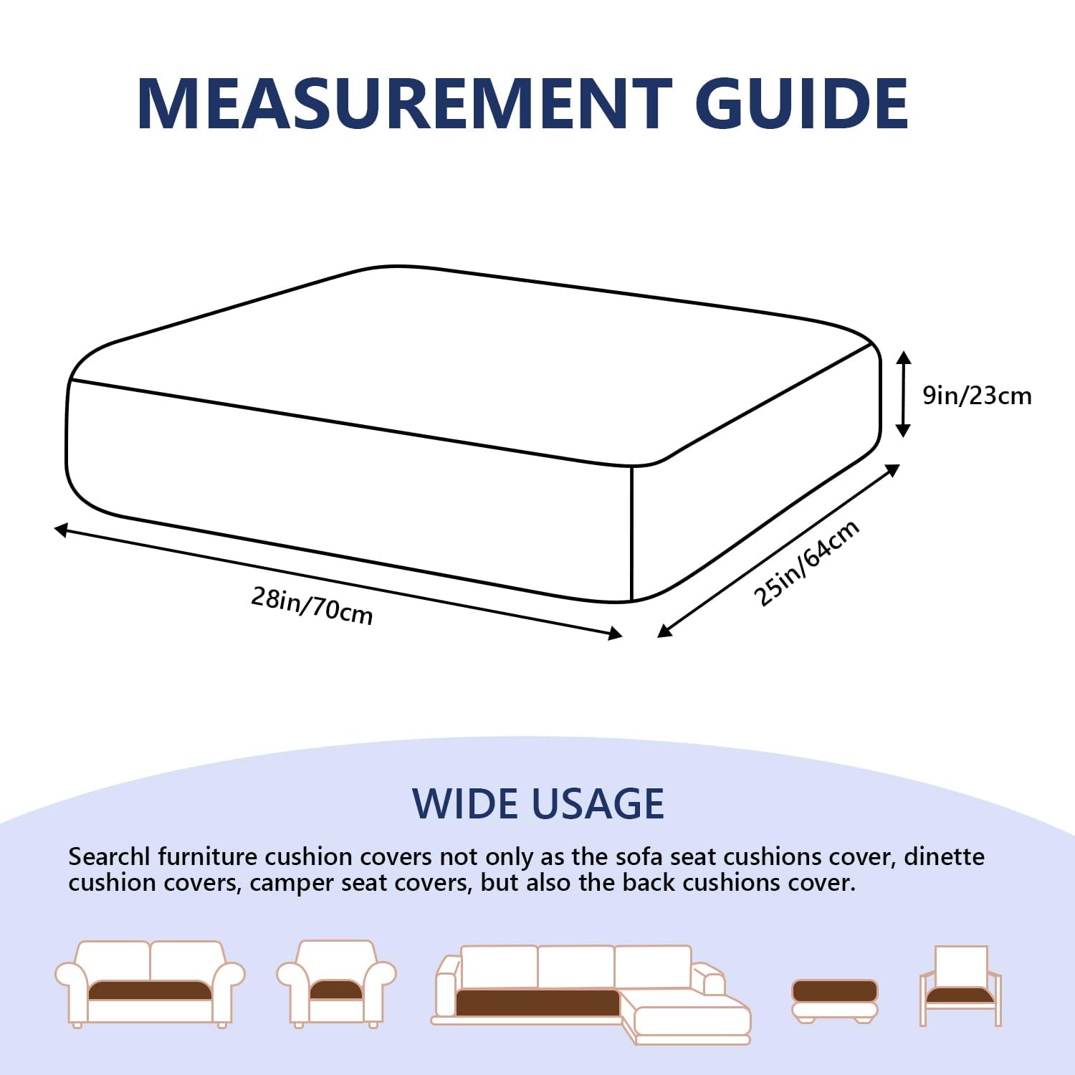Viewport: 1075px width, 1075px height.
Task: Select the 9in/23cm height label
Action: click(x=977, y=396)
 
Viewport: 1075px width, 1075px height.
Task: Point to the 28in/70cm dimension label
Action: click(x=312, y=606)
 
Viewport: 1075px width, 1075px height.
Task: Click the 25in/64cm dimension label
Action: click(x=807, y=563)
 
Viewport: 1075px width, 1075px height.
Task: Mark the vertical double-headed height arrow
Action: click(x=904, y=394)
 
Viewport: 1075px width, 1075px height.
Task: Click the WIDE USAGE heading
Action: click(x=538, y=803)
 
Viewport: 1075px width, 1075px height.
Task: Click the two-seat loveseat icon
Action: click(x=150, y=984)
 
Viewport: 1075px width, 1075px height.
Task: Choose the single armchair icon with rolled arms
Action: click(x=336, y=984)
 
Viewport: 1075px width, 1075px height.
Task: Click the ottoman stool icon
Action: click(x=835, y=1001)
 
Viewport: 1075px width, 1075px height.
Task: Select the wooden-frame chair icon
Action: click(x=960, y=985)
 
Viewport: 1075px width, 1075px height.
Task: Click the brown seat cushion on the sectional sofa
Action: click(x=537, y=1002)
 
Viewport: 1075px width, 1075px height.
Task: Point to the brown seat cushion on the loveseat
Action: click(x=150, y=990)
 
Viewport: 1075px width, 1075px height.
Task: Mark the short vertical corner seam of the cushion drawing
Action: click(x=631, y=534)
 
